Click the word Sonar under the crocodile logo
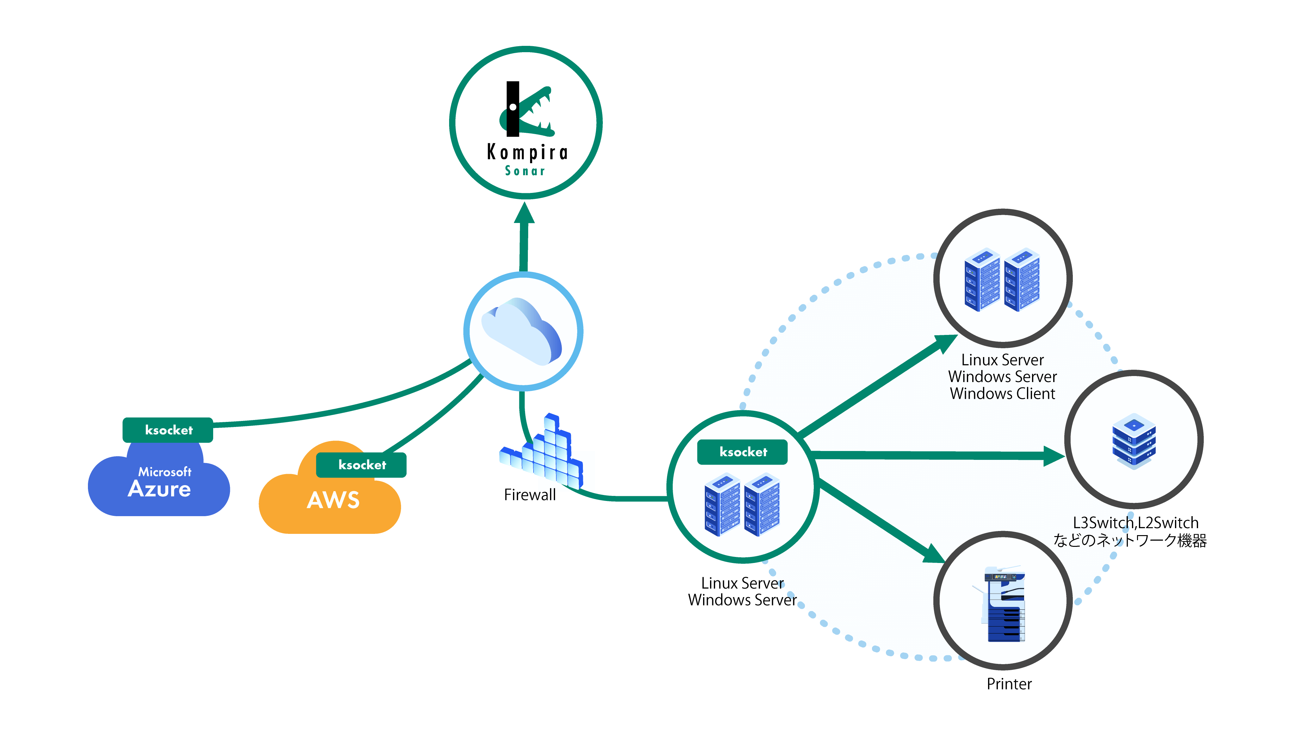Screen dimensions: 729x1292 coord(525,171)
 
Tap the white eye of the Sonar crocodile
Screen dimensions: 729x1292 coord(513,107)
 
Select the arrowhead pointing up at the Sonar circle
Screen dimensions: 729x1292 coord(525,213)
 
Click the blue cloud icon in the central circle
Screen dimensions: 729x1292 coord(522,331)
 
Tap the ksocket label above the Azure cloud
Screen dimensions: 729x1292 coord(169,430)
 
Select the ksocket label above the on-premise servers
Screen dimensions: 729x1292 coord(743,452)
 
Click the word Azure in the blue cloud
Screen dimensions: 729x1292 coord(159,489)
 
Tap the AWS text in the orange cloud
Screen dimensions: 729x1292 coord(333,500)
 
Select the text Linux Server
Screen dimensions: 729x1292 coord(1002,360)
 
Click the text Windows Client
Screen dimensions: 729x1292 coord(1002,393)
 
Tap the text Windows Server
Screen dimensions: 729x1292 coord(1002,377)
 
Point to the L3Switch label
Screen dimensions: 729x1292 coord(1100,523)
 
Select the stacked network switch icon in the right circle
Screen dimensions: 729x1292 coord(1134,441)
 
